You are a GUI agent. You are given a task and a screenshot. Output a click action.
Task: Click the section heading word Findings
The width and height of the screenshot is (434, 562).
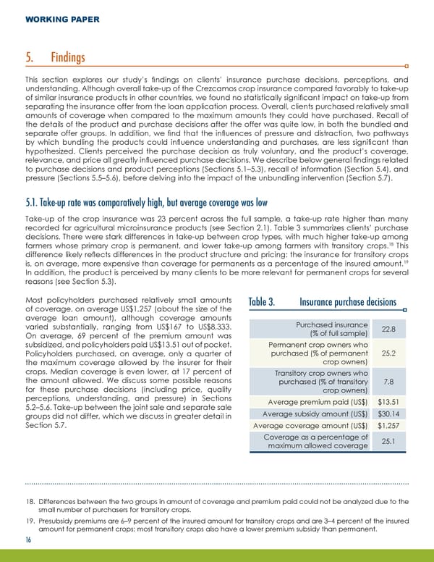pyautogui.click(x=68, y=57)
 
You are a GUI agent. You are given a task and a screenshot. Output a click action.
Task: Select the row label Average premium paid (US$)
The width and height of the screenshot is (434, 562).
pyautogui.click(x=318, y=402)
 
